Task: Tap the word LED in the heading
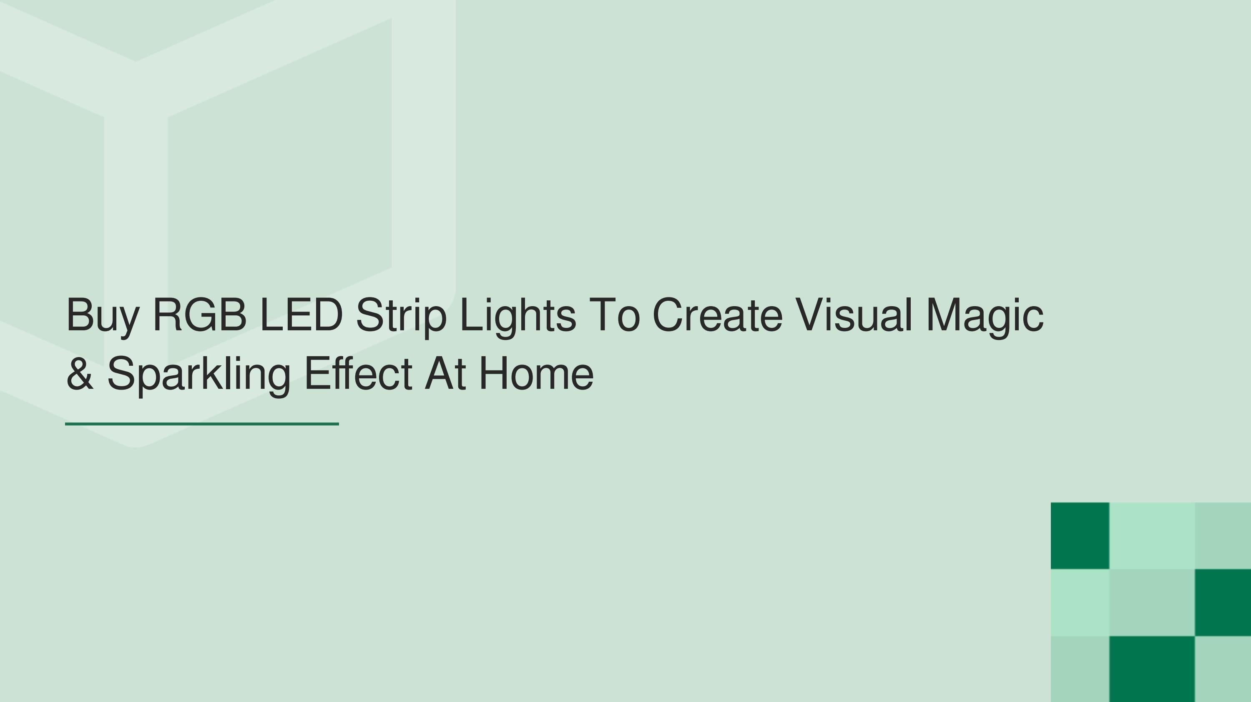(x=301, y=315)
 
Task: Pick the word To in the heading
(x=615, y=315)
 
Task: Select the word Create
(x=718, y=315)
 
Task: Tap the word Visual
(x=854, y=315)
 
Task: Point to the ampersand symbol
(x=80, y=373)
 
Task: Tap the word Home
(x=537, y=373)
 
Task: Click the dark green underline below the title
(x=202, y=424)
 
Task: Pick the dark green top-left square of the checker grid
(x=1080, y=536)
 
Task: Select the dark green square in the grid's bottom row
(x=1152, y=669)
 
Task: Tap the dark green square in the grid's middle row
(x=1223, y=602)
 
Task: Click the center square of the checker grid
(x=1152, y=602)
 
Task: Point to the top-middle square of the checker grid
(x=1152, y=536)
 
